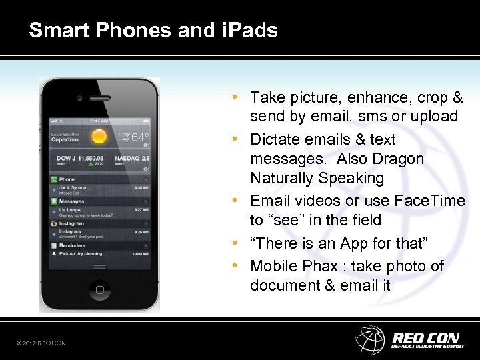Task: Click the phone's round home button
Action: pos(101,289)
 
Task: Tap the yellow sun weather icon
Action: pos(99,137)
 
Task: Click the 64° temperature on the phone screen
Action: pos(139,137)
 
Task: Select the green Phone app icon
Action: pos(53,179)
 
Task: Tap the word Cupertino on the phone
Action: pos(65,141)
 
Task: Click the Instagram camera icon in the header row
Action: pos(53,224)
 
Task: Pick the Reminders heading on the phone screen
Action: pos(72,246)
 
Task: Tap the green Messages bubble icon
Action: pos(53,201)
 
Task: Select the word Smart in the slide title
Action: pos(54,30)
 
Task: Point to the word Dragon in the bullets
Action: pos(397,159)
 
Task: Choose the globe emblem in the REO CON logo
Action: pos(370,339)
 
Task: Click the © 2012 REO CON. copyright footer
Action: pos(42,343)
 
